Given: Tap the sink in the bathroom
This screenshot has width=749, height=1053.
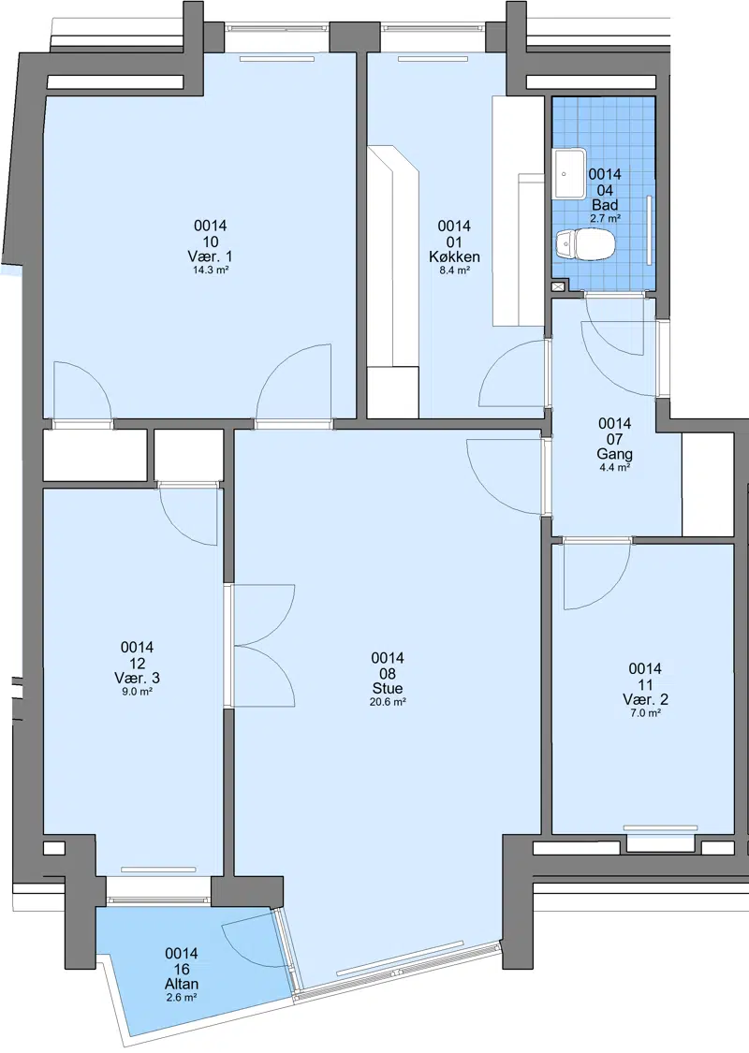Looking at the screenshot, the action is (569, 174).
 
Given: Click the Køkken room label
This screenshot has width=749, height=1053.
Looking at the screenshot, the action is (454, 256).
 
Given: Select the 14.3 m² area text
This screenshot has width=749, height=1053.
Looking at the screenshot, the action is (211, 270).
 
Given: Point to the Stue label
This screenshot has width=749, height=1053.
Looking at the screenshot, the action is (388, 688).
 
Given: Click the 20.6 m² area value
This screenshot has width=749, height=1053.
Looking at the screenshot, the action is (388, 702).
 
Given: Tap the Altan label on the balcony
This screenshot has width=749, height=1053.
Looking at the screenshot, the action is (182, 985).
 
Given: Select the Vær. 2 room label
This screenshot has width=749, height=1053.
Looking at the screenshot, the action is (645, 700).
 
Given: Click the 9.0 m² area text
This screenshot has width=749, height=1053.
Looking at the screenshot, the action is (137, 691).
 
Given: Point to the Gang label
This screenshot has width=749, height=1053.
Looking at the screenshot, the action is (615, 454).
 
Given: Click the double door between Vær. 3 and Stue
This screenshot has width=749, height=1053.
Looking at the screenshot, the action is (263, 645).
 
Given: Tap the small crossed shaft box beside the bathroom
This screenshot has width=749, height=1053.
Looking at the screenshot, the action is (558, 286).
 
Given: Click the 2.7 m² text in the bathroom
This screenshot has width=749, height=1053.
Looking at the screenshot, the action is (605, 218).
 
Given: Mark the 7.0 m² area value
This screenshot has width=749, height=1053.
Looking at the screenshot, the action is (645, 713).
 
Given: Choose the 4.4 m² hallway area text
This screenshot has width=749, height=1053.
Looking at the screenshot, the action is (615, 467).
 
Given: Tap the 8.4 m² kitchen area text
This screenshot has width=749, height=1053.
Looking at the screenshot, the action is (454, 270).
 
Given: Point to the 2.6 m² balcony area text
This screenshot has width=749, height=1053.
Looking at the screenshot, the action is (182, 998).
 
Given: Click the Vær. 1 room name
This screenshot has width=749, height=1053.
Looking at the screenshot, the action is (211, 256).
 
